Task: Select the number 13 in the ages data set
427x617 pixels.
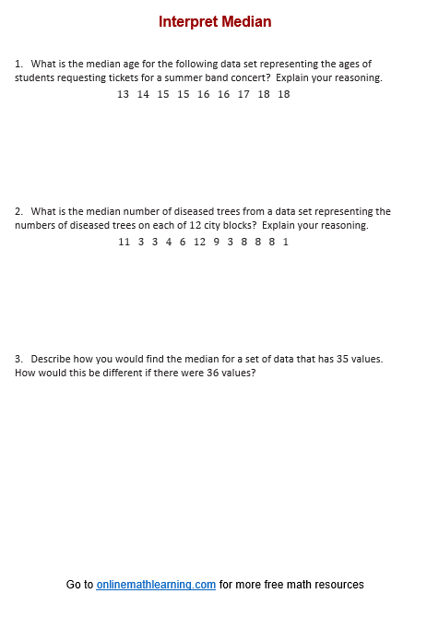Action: [124, 94]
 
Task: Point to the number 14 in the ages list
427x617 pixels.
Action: [143, 94]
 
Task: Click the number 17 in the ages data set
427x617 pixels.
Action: [243, 94]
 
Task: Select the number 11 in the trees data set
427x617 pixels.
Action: [125, 242]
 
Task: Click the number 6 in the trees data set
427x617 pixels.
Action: [183, 242]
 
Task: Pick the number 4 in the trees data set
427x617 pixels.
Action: [169, 242]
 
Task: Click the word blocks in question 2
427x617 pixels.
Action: [302, 226]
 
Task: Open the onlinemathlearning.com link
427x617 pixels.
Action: [156, 585]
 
